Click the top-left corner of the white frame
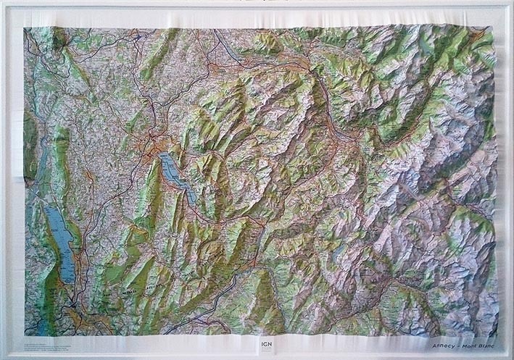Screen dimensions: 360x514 [4, 4]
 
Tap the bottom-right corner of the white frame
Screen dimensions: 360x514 [510, 356]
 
